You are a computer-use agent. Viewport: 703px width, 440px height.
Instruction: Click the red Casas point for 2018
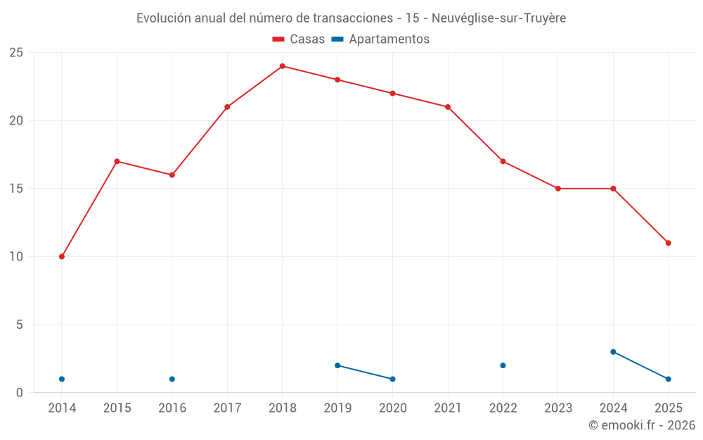pos(283,66)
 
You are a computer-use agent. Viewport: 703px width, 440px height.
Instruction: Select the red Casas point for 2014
pos(62,257)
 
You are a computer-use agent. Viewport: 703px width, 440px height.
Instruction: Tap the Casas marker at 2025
pos(669,243)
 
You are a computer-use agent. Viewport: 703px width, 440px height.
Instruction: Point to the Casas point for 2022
pos(503,161)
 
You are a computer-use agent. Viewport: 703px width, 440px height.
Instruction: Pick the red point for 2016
pos(172,175)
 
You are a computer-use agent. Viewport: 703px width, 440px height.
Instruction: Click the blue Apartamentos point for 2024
pos(613,352)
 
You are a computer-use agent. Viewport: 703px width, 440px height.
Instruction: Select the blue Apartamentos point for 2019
pos(337,365)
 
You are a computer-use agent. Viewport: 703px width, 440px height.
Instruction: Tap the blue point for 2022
pos(503,365)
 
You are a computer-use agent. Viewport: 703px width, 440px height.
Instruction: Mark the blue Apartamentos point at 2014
pos(62,379)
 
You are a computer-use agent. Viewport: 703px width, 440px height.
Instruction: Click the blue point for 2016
pos(172,379)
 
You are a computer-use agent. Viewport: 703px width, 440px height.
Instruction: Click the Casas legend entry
pos(299,39)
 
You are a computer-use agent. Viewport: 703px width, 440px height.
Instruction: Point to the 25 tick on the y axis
pos(16,53)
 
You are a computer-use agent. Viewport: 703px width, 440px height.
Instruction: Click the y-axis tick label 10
pos(16,257)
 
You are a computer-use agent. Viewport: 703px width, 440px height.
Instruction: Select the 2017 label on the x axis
pos(227,408)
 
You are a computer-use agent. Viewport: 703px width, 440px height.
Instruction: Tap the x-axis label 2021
pos(448,408)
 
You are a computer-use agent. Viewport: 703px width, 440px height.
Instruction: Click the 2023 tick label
pos(558,408)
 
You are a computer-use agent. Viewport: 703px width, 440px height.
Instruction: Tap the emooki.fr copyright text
pos(642,425)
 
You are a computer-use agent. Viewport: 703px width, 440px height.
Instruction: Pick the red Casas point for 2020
pos(392,94)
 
